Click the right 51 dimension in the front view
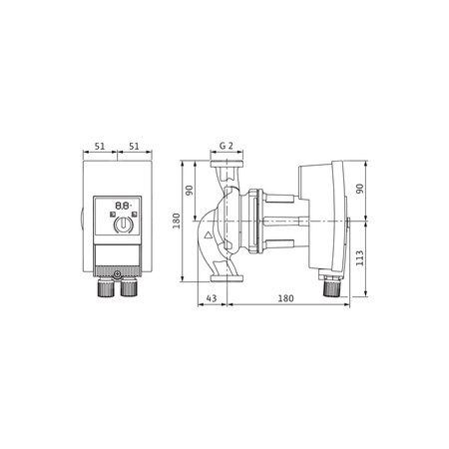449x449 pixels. coord(133,147)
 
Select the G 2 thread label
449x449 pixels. coord(226,146)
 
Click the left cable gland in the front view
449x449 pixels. coord(107,290)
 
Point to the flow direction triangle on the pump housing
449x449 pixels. coord(207,237)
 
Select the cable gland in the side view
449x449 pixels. coord(330,288)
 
